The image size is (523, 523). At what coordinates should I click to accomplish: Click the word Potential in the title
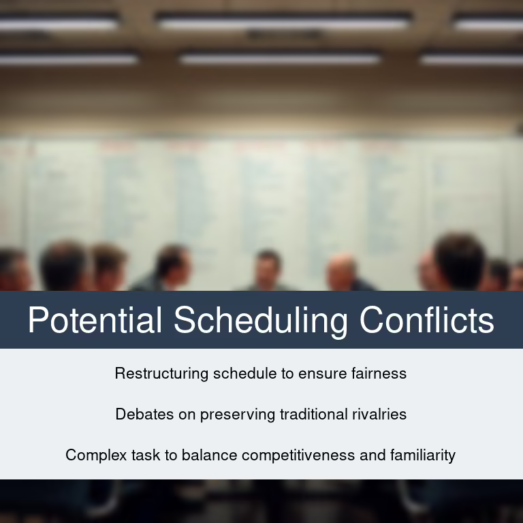(95, 319)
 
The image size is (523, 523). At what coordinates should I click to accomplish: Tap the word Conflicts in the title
(426, 319)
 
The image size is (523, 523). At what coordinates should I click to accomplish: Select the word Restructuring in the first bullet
(161, 374)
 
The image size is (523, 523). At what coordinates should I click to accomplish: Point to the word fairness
(379, 373)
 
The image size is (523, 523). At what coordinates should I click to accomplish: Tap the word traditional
(313, 414)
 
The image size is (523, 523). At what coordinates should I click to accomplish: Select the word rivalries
(379, 414)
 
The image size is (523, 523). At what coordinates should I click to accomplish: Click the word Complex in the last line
(96, 456)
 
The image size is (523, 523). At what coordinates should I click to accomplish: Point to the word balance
(209, 456)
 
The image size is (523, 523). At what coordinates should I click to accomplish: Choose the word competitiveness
(298, 456)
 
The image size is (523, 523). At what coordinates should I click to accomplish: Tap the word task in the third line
(146, 456)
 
